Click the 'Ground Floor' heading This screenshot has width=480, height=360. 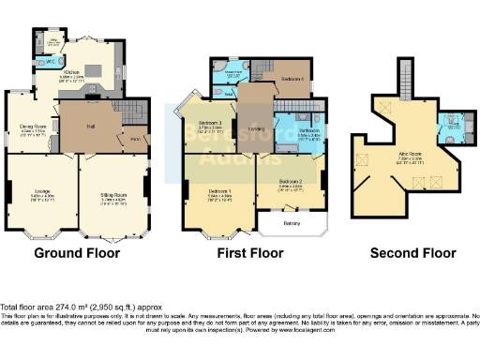click(x=76, y=253)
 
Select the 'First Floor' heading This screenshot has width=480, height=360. click(x=244, y=253)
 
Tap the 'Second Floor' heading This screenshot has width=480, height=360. click(x=412, y=253)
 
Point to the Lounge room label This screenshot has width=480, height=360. click(x=42, y=193)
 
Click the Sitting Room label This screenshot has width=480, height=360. click(x=113, y=195)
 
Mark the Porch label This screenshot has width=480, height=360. click(x=135, y=140)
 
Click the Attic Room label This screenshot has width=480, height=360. click(x=410, y=157)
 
